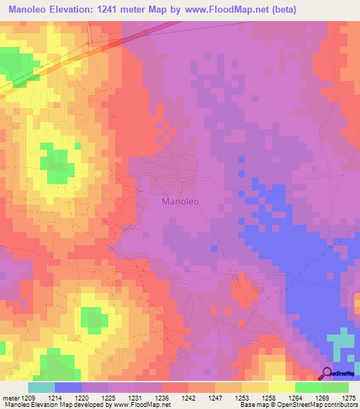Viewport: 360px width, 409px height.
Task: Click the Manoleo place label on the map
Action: click(x=181, y=202)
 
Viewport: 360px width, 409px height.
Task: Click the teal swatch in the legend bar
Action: click(x=41, y=387)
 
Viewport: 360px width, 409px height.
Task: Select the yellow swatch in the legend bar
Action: click(x=281, y=387)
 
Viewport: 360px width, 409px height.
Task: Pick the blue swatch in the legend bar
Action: click(x=67, y=387)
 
